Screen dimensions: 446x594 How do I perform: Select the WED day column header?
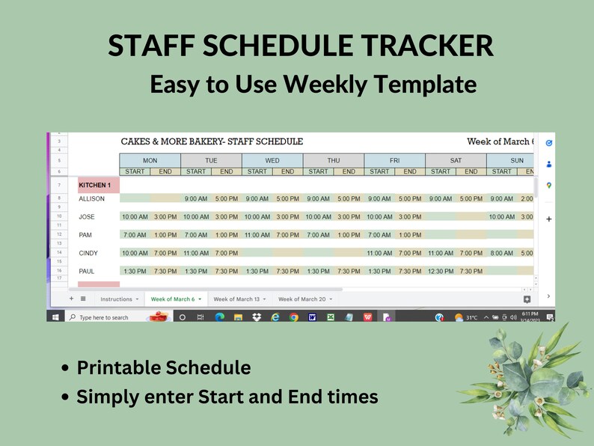272,160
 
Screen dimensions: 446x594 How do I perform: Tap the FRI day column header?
394,160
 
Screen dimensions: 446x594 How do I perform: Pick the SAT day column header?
456,160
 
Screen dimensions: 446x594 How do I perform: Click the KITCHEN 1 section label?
95,185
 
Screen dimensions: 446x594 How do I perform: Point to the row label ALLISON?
92,199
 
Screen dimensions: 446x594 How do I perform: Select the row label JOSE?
87,217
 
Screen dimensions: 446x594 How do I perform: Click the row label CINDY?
88,254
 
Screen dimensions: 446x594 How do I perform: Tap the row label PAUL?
87,272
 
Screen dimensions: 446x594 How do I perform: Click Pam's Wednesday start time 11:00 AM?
257,235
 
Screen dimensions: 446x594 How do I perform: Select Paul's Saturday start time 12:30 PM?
441,272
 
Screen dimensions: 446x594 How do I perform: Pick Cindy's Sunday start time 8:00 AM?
502,254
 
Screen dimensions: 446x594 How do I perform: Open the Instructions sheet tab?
116,299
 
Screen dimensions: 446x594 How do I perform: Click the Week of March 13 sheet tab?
236,299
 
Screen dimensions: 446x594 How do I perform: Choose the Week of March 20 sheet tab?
301,299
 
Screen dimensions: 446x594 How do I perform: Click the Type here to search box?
104,317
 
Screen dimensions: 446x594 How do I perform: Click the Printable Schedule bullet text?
164,368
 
